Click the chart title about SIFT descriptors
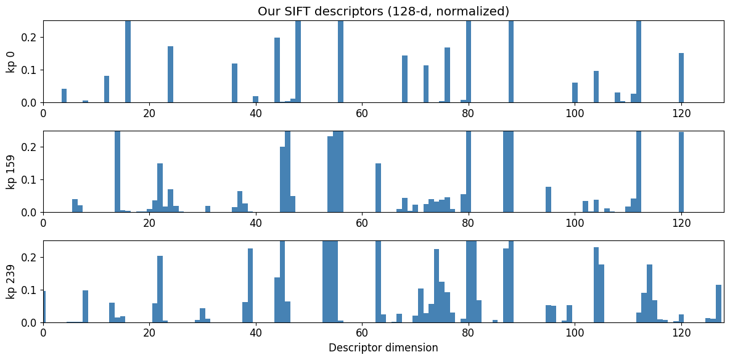coord(383,11)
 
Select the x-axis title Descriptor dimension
coord(383,348)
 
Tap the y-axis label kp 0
coord(10,62)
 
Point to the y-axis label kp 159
coord(10,171)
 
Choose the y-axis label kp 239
coord(10,282)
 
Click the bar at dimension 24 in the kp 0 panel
coord(170,75)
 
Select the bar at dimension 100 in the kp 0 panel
coord(575,92)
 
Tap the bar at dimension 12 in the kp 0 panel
coord(107,89)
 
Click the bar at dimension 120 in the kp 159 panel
coord(681,172)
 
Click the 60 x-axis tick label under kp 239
coord(362,333)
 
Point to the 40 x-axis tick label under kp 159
coord(256,223)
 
